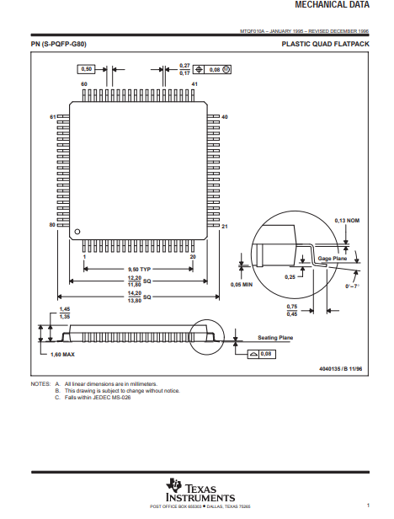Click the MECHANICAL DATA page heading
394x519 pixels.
pyautogui.click(x=332, y=5)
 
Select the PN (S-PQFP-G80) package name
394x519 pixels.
pyautogui.click(x=59, y=44)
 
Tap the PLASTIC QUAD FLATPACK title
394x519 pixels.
pyautogui.click(x=325, y=44)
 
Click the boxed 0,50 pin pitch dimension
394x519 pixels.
pyautogui.click(x=86, y=69)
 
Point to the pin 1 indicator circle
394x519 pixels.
pyautogui.click(x=77, y=232)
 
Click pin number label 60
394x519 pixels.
pyautogui.click(x=84, y=84)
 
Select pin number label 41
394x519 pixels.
pyautogui.click(x=194, y=84)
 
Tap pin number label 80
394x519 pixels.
pyautogui.click(x=52, y=225)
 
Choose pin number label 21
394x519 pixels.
pyautogui.click(x=225, y=227)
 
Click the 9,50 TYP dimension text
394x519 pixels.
pyautogui.click(x=139, y=270)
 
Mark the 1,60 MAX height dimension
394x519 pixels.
pyautogui.click(x=62, y=355)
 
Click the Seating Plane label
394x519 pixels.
pyautogui.click(x=275, y=338)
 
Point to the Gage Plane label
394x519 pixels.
pyautogui.click(x=333, y=258)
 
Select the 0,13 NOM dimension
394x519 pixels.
pyautogui.click(x=347, y=221)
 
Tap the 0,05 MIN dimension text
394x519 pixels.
pyautogui.click(x=242, y=285)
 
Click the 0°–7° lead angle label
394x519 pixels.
pyautogui.click(x=352, y=286)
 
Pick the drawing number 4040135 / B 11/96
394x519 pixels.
pyautogui.click(x=341, y=369)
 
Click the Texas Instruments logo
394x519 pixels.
pyautogui.click(x=200, y=490)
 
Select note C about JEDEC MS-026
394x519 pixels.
pyautogui.click(x=93, y=398)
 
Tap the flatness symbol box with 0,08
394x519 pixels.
pyautogui.click(x=262, y=354)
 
